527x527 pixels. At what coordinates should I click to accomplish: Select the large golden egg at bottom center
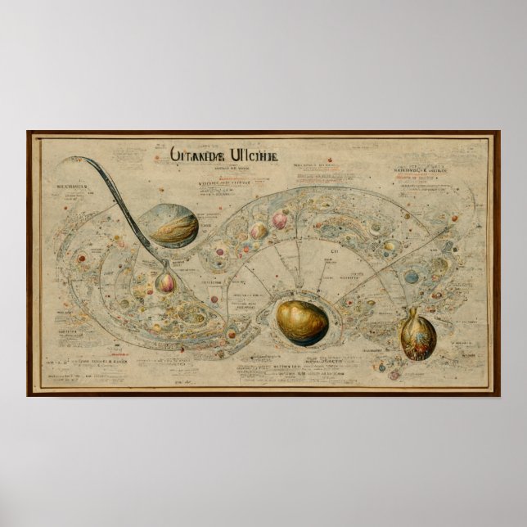(301, 320)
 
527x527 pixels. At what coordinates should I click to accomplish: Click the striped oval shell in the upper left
(170, 226)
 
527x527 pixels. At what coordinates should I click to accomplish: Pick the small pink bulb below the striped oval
(166, 282)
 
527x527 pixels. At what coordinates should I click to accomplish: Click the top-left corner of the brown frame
(28, 133)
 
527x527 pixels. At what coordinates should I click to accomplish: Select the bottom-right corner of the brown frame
(498, 395)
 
